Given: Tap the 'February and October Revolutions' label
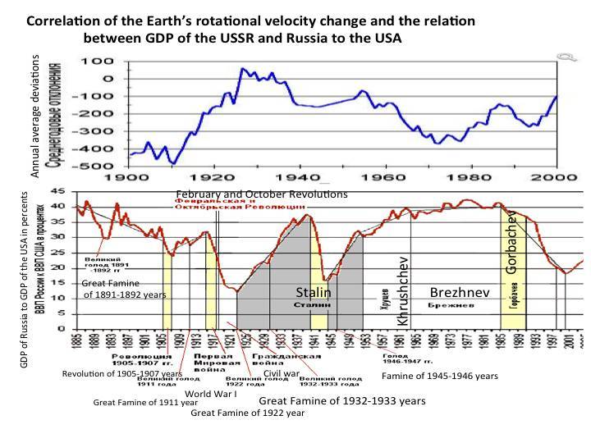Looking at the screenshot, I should click(x=262, y=194).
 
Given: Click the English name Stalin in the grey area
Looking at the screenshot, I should click(x=314, y=292).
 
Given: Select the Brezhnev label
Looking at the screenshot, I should click(x=460, y=292).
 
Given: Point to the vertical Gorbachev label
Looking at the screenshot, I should click(x=511, y=241).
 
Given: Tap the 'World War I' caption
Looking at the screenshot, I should click(x=211, y=393).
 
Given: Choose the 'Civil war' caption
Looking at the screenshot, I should click(x=281, y=372).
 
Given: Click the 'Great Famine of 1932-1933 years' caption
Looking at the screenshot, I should click(x=342, y=400).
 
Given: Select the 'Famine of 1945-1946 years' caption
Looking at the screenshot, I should click(x=440, y=376).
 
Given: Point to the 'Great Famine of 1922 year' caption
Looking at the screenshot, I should click(x=247, y=413).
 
